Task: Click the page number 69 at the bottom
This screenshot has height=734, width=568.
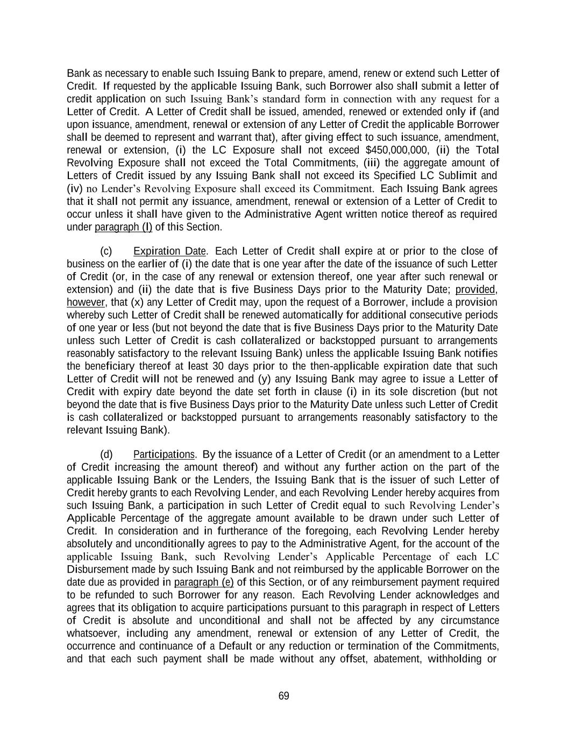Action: point(283,696)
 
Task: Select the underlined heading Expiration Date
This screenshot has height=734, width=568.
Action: point(169,251)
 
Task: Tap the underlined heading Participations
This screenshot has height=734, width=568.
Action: point(164,454)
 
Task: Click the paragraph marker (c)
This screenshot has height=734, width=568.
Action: point(106,251)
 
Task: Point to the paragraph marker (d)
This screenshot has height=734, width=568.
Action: point(106,454)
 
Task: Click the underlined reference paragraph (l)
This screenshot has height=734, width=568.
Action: point(123,227)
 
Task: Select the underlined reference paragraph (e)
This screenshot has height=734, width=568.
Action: point(204,582)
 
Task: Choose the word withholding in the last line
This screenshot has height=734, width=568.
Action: point(456,659)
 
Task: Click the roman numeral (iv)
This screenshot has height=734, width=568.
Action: point(74,189)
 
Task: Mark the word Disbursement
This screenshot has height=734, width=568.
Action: point(96,569)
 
